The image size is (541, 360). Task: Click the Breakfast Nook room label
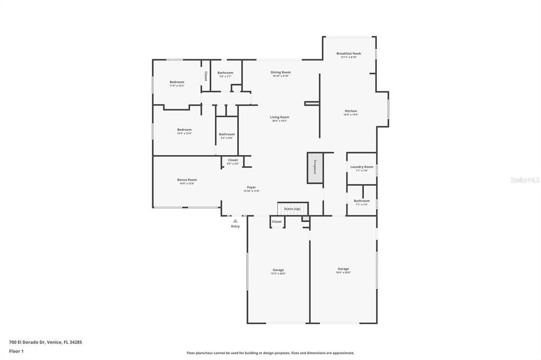click(x=349, y=54)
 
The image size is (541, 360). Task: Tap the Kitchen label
click(x=351, y=111)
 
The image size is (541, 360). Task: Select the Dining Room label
click(x=281, y=73)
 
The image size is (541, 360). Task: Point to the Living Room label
click(x=279, y=118)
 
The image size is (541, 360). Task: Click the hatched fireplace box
click(x=315, y=168)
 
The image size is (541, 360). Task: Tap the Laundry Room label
click(x=361, y=167)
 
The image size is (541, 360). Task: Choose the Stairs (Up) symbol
click(x=292, y=209)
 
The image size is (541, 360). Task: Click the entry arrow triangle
click(x=235, y=221)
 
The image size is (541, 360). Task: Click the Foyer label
click(x=251, y=188)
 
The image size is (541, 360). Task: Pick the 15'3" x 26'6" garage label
click(x=278, y=271)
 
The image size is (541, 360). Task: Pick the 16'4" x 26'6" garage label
click(x=343, y=269)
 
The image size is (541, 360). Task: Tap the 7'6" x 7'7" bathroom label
click(x=225, y=73)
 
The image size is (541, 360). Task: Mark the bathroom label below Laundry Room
click(x=362, y=201)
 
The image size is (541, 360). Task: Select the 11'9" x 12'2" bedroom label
click(x=177, y=82)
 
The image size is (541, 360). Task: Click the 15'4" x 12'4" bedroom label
click(x=184, y=130)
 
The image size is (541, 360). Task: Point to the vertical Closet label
click(x=206, y=76)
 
